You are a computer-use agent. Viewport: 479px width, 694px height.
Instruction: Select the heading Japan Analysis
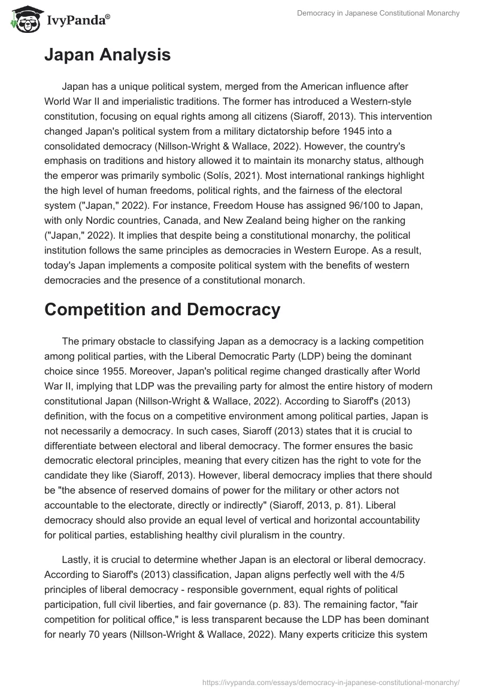[107, 56]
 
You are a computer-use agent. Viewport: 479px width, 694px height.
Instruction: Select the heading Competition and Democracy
[162, 309]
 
